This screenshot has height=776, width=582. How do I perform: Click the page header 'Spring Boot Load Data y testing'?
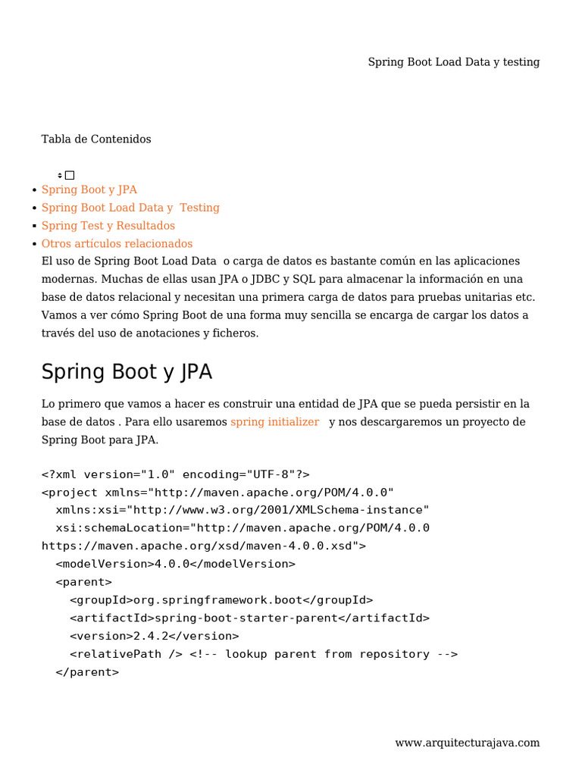(453, 62)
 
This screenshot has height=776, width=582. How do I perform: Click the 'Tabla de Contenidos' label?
(96, 139)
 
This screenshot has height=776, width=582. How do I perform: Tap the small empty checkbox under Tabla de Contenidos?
(70, 175)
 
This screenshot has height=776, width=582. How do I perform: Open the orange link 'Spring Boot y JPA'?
(89, 189)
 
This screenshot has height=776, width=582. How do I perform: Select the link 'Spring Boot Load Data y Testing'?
(130, 208)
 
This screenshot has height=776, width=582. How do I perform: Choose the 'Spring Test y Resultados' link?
(108, 226)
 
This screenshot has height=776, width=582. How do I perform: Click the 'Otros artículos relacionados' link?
(117, 244)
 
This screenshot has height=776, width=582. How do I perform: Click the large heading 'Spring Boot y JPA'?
(127, 372)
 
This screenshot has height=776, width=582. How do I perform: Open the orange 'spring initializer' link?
(274, 421)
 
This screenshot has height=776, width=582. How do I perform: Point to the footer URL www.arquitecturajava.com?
(467, 743)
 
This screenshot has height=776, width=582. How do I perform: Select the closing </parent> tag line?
(87, 672)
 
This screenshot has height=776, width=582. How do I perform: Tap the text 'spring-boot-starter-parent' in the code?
(246, 618)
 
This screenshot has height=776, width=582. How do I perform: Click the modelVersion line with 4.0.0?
(175, 564)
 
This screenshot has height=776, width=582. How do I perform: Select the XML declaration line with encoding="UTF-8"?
(175, 474)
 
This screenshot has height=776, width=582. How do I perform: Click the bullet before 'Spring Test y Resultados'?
(35, 226)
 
